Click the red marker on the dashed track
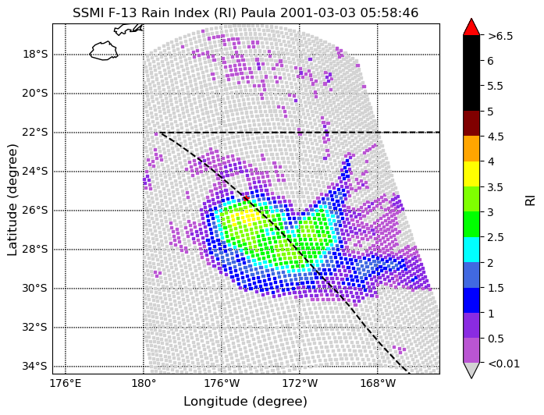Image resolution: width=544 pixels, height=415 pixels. point(246,198)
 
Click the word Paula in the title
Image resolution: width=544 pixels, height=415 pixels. point(258,12)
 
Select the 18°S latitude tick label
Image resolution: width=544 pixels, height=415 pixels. point(35,55)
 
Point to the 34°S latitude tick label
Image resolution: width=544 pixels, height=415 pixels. point(35,367)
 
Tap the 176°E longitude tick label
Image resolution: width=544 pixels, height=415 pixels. point(66,384)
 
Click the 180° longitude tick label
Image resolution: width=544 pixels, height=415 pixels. point(144,384)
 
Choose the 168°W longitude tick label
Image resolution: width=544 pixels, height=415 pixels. point(378,384)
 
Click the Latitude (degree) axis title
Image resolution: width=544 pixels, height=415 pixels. point(12,199)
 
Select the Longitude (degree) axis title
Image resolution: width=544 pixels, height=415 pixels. point(246,402)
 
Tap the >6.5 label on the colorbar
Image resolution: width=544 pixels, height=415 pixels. point(500,36)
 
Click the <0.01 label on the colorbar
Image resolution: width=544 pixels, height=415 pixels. point(503,364)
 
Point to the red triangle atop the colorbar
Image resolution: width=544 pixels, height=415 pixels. point(471,27)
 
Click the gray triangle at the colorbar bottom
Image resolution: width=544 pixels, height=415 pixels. point(471,370)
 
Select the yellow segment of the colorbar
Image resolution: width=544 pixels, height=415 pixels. point(471,174)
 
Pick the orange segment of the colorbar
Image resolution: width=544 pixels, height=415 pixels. point(471,149)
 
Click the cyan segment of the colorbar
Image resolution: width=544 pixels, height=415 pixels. point(471,250)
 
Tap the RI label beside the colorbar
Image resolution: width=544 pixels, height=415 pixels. point(531,200)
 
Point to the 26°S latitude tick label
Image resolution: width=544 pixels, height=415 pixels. point(35,211)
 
